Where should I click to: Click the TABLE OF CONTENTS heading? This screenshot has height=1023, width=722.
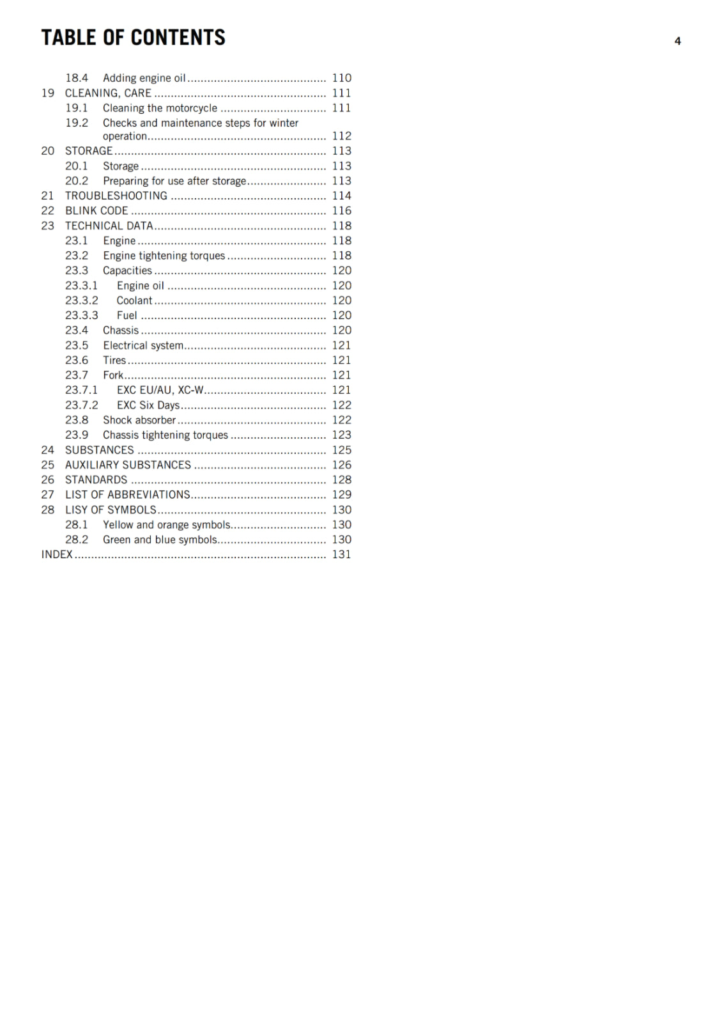(133, 38)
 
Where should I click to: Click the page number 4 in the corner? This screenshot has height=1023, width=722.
(677, 41)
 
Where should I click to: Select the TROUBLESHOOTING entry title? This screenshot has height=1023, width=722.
(116, 196)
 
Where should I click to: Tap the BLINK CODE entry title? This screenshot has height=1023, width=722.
(96, 210)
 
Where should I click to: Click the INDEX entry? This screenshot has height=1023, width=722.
(57, 554)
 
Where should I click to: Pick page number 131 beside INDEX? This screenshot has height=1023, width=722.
(341, 554)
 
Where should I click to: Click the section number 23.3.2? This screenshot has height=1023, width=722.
(82, 301)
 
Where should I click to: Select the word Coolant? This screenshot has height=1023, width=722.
(134, 301)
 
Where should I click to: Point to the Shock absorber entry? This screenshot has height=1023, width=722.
(139, 420)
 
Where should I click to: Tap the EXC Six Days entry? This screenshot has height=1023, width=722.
(148, 405)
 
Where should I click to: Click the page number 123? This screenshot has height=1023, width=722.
(341, 435)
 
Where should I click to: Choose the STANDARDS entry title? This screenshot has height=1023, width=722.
(96, 480)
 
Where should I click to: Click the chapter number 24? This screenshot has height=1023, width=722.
(48, 450)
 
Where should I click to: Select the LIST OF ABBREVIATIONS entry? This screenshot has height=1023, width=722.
(128, 495)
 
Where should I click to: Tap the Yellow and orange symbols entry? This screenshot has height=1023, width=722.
(167, 525)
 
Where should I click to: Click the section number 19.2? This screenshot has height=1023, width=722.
(77, 123)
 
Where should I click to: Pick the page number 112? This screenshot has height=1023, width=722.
(341, 136)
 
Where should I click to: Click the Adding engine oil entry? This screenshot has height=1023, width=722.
(144, 78)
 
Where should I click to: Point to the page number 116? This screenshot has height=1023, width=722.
(341, 210)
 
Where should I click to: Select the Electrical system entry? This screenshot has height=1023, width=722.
(143, 345)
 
